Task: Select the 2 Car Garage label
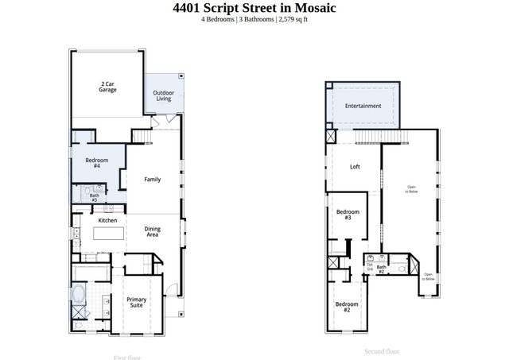(108, 87)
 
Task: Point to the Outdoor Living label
(164, 95)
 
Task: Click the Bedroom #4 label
(96, 162)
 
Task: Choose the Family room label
(152, 180)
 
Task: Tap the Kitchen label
(107, 220)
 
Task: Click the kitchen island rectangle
(110, 234)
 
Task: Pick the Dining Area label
(152, 231)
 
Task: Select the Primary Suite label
(137, 302)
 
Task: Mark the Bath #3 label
(94, 197)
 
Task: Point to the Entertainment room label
(363, 106)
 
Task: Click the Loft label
(355, 167)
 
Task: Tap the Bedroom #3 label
(348, 215)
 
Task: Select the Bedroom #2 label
(347, 307)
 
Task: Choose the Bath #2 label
(381, 269)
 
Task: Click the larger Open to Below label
(411, 189)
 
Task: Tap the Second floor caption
(381, 351)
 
